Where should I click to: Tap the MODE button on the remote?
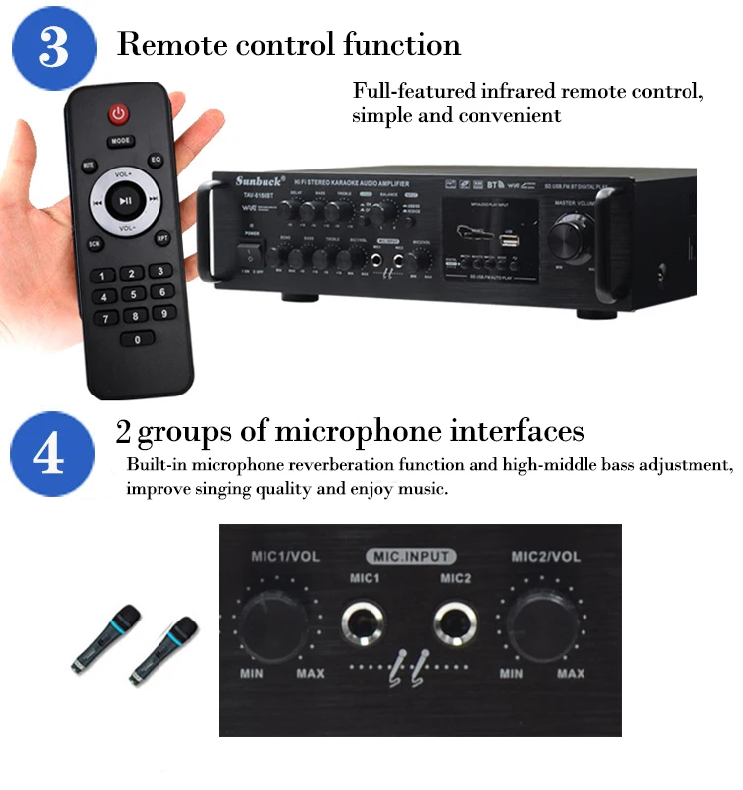[120, 142]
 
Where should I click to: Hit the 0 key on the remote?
[136, 339]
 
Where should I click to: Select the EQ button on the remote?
[156, 160]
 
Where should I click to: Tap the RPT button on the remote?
[161, 238]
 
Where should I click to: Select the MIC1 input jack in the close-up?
[364, 622]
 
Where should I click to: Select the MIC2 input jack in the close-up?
[456, 622]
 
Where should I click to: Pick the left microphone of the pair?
[103, 637]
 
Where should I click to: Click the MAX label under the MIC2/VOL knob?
[570, 674]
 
